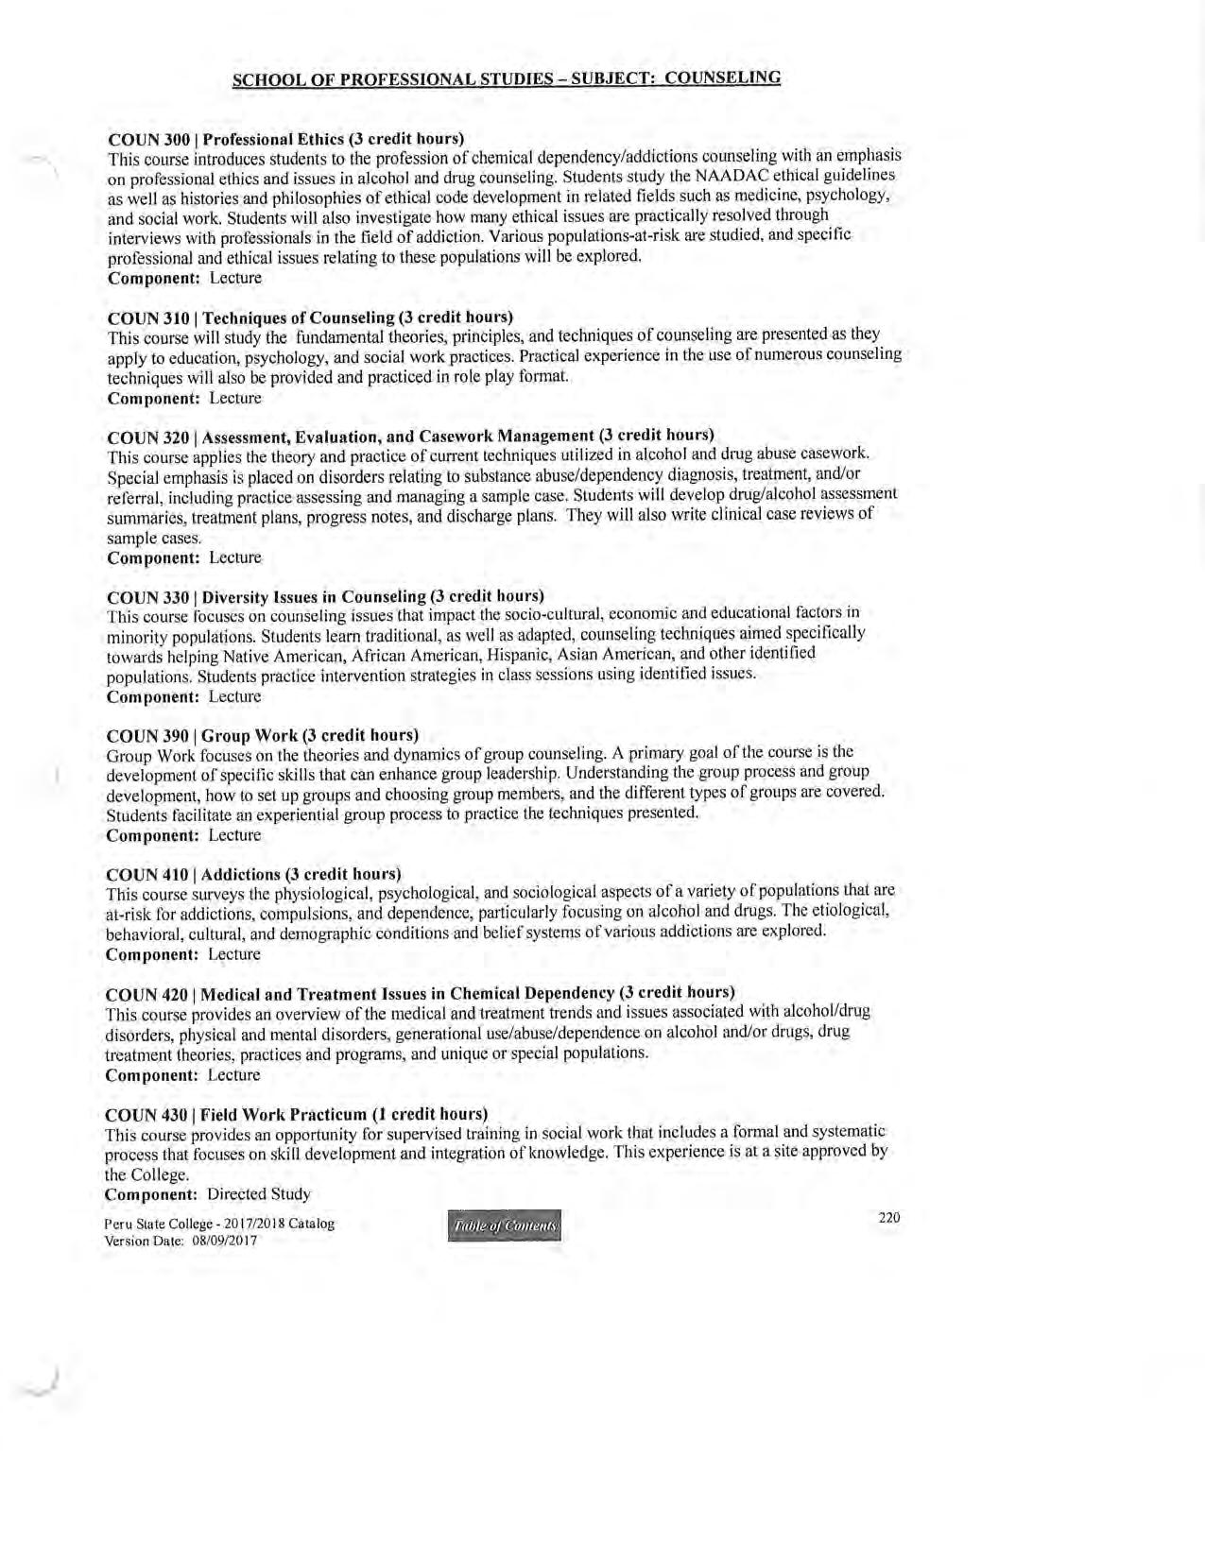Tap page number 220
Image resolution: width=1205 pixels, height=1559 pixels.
pyautogui.click(x=888, y=1217)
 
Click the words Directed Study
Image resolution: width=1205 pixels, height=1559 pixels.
pyautogui.click(x=259, y=1193)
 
